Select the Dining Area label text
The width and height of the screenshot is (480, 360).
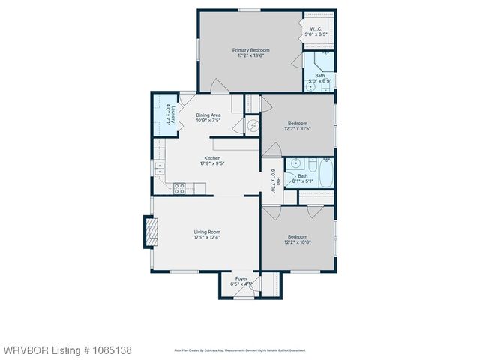(x=208, y=115)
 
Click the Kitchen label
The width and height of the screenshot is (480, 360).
(x=212, y=158)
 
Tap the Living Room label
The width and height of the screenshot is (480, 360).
(x=207, y=232)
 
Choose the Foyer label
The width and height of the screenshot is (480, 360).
(x=241, y=279)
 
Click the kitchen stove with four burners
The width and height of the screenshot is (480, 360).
(x=179, y=189)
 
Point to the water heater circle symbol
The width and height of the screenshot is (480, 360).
(x=253, y=126)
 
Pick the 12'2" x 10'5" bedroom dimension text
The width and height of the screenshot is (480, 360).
(x=297, y=129)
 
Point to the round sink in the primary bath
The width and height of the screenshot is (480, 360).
(x=310, y=87)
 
